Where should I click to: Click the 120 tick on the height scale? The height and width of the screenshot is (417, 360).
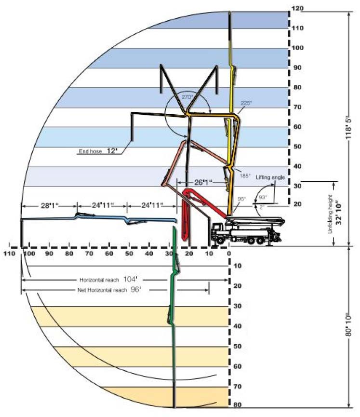[x=297, y=9]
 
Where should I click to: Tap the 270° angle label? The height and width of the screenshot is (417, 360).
[x=187, y=97]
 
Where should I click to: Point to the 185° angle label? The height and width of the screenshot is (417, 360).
[x=246, y=176]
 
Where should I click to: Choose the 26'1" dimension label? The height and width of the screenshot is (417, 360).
[x=202, y=183]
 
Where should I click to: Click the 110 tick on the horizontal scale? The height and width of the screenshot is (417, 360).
[x=9, y=253]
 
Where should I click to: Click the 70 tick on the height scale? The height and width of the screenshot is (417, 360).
[x=297, y=107]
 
